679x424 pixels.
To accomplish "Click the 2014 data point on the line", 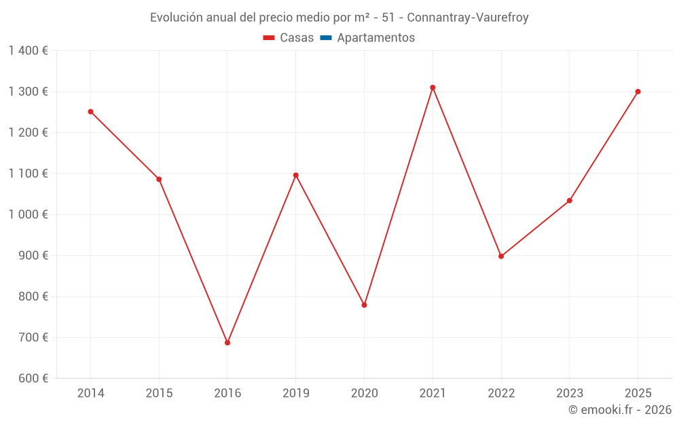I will click(x=90, y=112).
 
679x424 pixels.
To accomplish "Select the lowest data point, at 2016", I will click(x=227, y=343).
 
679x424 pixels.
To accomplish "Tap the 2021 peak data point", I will click(x=433, y=88).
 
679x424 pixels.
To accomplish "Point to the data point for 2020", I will click(x=364, y=305).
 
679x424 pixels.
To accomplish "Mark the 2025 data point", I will click(x=638, y=92).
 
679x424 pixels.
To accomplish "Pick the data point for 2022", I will click(x=501, y=256).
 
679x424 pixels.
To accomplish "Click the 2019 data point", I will click(x=296, y=175).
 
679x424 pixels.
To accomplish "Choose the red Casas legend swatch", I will click(x=269, y=38).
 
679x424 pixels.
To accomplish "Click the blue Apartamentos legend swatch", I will click(x=326, y=38).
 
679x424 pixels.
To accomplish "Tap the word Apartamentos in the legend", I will click(x=375, y=38).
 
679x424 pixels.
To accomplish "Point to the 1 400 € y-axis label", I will click(x=28, y=51).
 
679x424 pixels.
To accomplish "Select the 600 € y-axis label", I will click(x=33, y=379).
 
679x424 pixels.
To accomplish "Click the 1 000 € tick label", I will click(x=28, y=214).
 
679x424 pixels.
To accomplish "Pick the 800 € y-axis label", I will click(x=33, y=296).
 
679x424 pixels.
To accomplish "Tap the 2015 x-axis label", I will click(x=159, y=393).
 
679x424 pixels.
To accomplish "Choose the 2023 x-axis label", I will click(x=569, y=393).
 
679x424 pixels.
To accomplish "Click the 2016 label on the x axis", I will click(x=227, y=393).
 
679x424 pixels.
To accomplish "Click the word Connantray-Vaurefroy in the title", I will click(x=468, y=18).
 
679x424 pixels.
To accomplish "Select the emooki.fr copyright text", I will click(x=620, y=410).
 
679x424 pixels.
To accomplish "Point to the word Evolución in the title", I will click(x=176, y=18).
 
